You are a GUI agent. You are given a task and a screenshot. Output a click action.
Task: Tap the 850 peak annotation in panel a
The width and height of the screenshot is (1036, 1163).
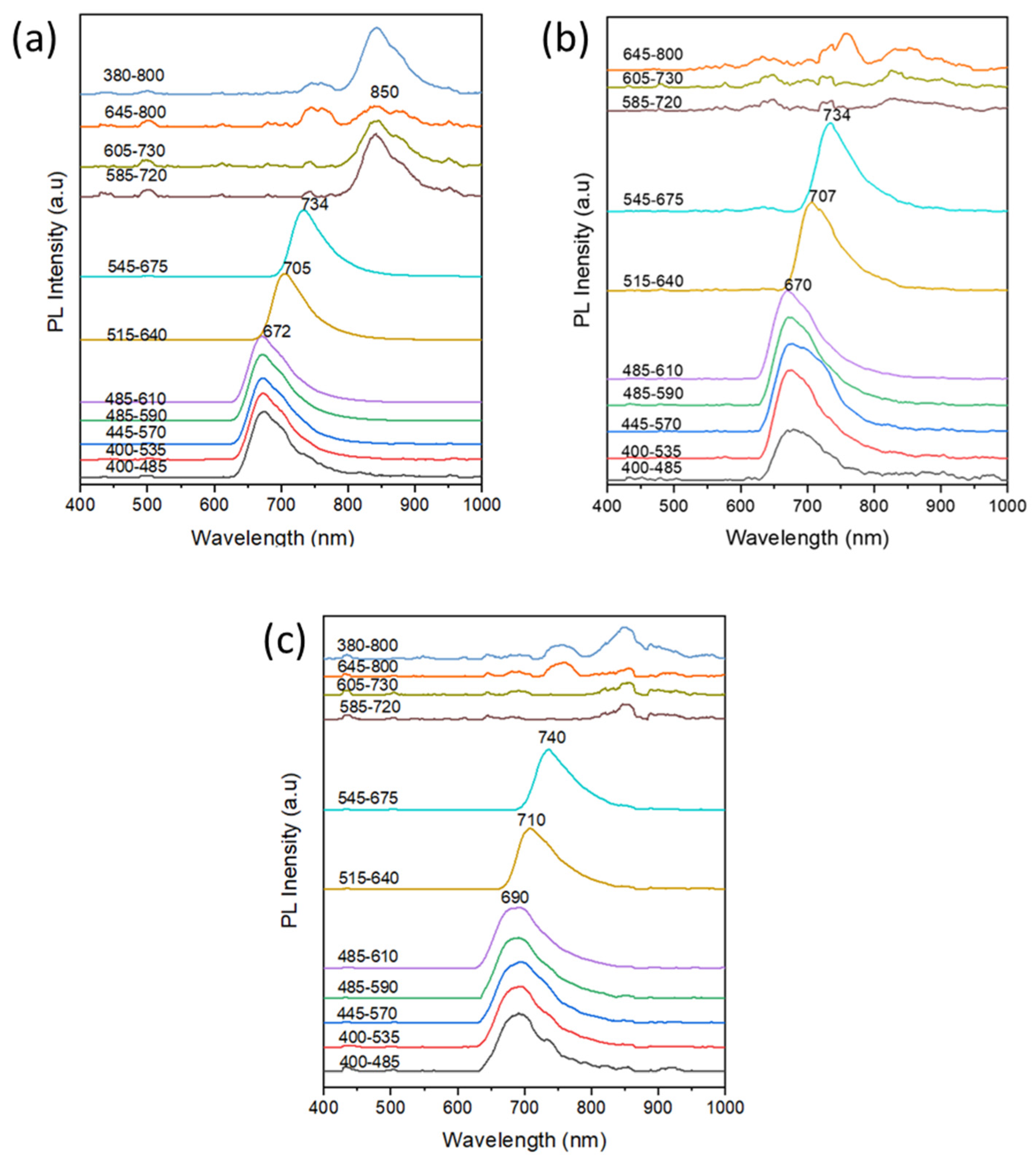pos(384,92)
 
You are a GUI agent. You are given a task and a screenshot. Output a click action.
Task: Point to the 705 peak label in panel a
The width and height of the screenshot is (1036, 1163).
pos(297,268)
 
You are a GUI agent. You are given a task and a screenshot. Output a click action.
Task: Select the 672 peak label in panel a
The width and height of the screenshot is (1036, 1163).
pos(277,331)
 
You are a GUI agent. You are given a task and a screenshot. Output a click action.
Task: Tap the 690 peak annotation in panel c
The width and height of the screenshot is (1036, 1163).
pos(515,897)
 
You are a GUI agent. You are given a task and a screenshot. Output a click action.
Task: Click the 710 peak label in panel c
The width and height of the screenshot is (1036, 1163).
pos(531,820)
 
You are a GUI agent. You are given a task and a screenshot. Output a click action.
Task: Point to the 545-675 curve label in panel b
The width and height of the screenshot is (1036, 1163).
pos(653,200)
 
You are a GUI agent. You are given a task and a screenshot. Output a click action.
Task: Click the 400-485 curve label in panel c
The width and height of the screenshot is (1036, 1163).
pos(369,1062)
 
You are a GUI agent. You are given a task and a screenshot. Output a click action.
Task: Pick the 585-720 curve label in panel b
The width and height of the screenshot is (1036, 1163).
pos(652,102)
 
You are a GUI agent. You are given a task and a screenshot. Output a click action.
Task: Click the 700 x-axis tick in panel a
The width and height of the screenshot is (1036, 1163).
pos(281,505)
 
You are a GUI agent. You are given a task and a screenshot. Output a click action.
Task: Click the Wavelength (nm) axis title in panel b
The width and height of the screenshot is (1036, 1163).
pos(807,537)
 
